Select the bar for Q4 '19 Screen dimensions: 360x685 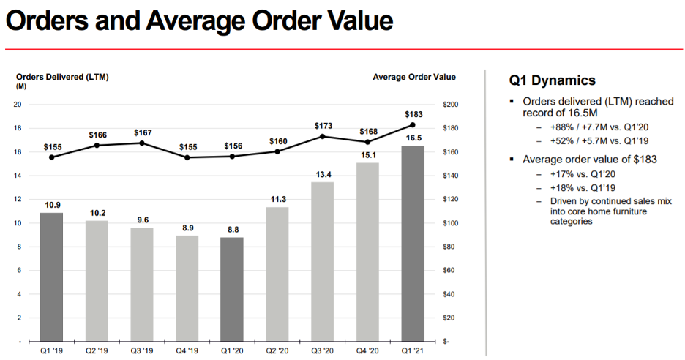187,288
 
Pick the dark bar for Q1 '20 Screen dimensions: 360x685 232,289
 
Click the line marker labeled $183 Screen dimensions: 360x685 413,125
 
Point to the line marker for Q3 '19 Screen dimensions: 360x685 142,143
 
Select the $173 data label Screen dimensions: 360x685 323,127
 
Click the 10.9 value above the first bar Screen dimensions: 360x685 51,204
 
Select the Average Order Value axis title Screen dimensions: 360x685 413,77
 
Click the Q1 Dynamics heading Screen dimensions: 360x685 552,80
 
